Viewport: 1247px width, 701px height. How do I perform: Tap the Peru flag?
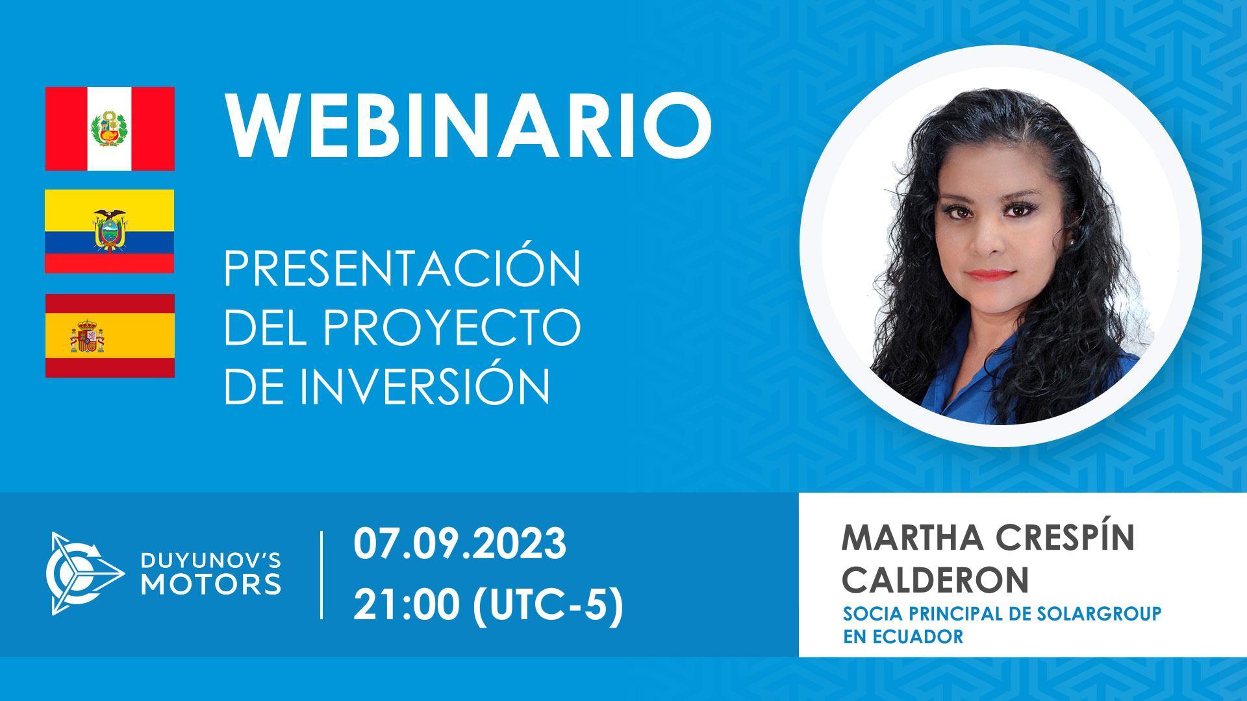(110, 129)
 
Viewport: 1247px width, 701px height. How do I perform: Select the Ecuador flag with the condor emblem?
(110, 231)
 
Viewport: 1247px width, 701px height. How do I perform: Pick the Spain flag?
(110, 336)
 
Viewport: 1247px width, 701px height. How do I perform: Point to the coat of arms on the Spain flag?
(87, 336)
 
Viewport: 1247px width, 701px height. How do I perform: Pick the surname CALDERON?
(935, 580)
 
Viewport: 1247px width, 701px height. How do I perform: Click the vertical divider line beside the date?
(322, 574)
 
